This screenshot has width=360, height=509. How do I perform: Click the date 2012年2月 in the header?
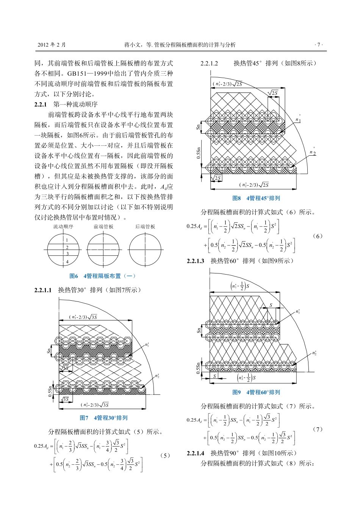(52, 45)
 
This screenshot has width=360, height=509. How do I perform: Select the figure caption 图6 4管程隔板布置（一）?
(102, 276)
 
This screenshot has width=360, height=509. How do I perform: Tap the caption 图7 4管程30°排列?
(103, 418)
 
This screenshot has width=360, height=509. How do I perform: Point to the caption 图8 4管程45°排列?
(256, 198)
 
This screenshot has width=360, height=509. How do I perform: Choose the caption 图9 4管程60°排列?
(256, 392)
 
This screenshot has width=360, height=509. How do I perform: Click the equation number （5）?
(165, 456)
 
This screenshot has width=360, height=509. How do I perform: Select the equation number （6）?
(318, 236)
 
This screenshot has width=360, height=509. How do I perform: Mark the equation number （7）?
(318, 429)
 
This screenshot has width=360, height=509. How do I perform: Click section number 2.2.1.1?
(43, 290)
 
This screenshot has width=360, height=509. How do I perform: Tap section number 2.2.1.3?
(196, 261)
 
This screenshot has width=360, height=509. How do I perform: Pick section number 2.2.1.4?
(196, 453)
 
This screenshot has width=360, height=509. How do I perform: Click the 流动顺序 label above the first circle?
(63, 227)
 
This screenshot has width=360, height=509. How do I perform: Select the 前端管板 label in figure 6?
(103, 227)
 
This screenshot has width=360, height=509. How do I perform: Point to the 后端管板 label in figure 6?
(145, 227)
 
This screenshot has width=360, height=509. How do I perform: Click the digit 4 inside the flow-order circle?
(67, 262)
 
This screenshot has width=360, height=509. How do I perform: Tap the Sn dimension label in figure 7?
(49, 351)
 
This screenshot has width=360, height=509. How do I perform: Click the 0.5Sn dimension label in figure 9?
(198, 368)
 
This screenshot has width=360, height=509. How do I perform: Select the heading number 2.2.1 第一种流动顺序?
(41, 105)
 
